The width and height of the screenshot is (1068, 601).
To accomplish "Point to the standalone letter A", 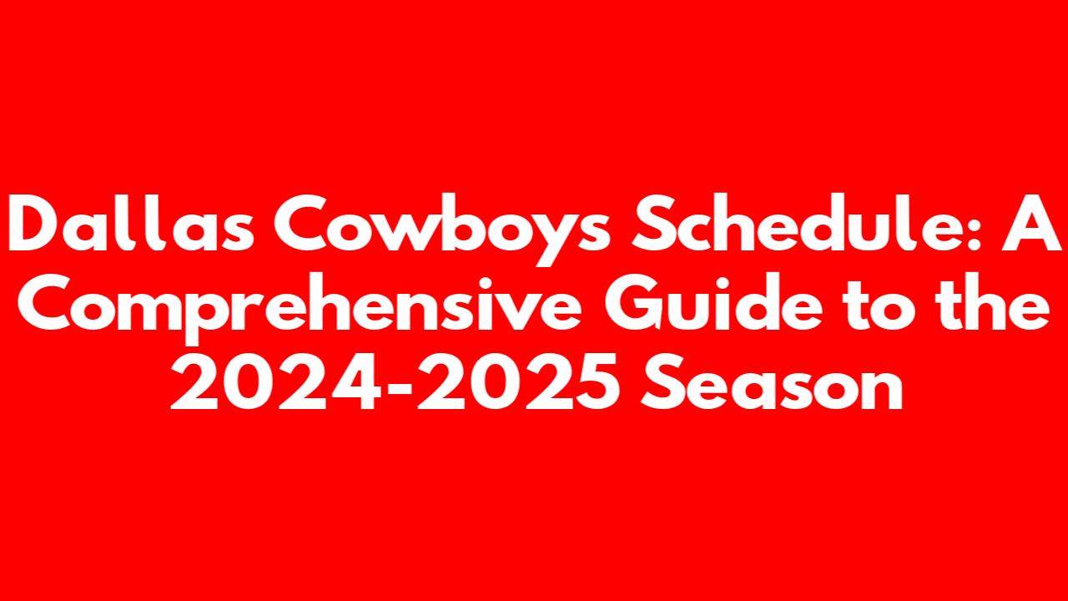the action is tap(1030, 223).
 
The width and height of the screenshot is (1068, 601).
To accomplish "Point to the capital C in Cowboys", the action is tap(304, 223).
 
